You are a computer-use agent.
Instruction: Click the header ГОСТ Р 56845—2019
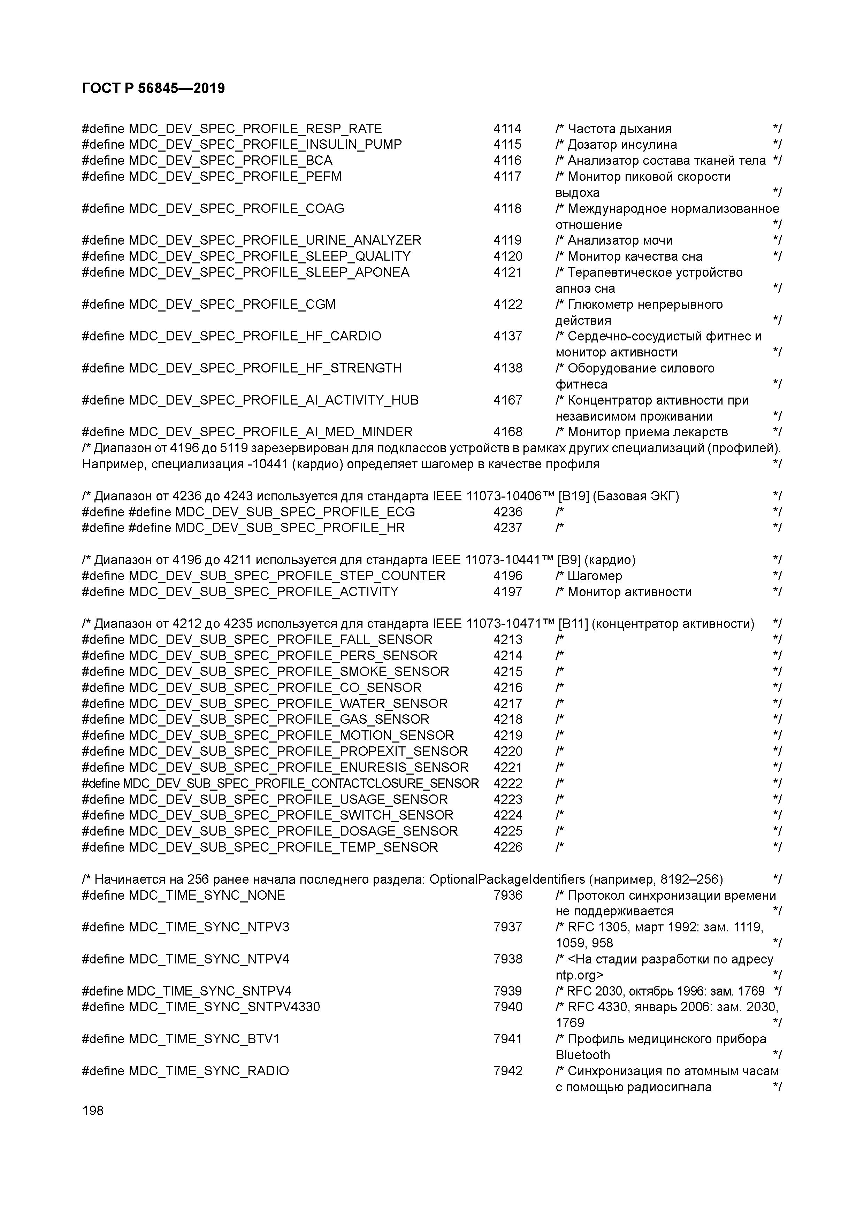coord(153,89)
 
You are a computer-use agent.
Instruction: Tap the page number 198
coord(93,1110)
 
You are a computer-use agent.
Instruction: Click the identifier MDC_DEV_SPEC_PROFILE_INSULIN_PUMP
coord(265,145)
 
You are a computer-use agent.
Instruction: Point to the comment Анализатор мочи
coord(620,240)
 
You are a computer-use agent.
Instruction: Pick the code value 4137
coord(507,336)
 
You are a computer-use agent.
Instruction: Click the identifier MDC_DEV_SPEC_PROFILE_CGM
coord(232,305)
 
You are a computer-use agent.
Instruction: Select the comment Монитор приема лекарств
coord(647,432)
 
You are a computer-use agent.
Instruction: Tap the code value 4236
coord(507,512)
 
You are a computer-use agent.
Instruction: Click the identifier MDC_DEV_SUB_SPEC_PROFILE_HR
coord(290,528)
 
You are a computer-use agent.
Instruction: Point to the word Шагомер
coord(595,576)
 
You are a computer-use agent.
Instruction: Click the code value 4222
coord(507,783)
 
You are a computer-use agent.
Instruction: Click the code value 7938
coord(507,959)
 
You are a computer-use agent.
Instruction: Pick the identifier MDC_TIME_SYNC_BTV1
coord(204,1039)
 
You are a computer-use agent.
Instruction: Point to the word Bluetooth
coord(582,1055)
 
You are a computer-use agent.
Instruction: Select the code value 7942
coord(507,1071)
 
